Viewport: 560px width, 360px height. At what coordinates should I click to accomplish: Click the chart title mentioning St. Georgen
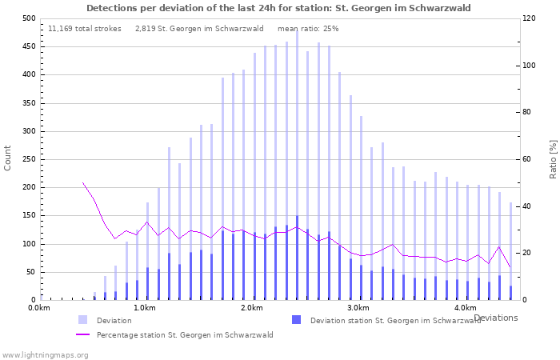pyautogui.click(x=278, y=8)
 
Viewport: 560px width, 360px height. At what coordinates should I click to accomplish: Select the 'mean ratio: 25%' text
pyautogui.click(x=308, y=28)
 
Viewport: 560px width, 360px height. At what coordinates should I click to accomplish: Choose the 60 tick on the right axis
pyautogui.click(x=527, y=159)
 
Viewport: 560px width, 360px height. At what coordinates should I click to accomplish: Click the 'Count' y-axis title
pyautogui.click(x=8, y=158)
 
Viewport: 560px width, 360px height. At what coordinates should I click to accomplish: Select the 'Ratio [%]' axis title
pyautogui.click(x=553, y=158)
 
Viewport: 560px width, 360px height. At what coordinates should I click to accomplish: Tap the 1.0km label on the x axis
pyautogui.click(x=144, y=308)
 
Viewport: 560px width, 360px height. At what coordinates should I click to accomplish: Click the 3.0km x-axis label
pyautogui.click(x=358, y=308)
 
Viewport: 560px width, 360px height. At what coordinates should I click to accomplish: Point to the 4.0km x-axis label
pyautogui.click(x=465, y=308)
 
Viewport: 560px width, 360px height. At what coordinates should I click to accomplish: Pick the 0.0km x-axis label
pyautogui.click(x=39, y=308)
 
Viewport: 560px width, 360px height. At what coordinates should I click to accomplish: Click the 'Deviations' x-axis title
pyautogui.click(x=495, y=318)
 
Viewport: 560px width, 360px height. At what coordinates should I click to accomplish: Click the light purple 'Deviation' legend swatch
pyautogui.click(x=83, y=320)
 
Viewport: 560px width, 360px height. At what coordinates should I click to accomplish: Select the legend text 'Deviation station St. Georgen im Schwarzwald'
pyautogui.click(x=396, y=321)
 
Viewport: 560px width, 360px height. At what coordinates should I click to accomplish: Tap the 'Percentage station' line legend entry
pyautogui.click(x=185, y=335)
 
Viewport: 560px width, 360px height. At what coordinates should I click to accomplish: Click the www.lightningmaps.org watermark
pyautogui.click(x=45, y=354)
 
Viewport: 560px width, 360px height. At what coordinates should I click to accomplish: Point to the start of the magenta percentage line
pyautogui.click(x=83, y=182)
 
